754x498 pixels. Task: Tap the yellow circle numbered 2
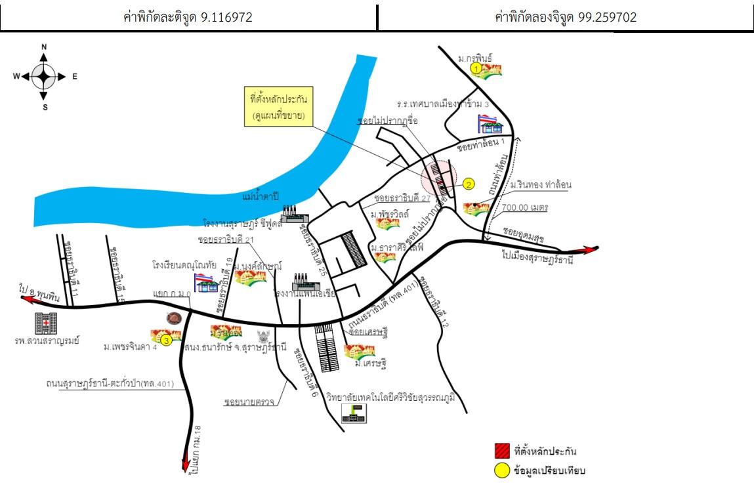(469, 184)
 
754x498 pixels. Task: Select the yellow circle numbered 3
(167, 340)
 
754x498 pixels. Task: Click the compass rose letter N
(44, 47)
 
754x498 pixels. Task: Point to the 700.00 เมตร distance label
(525, 207)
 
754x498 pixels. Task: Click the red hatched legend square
(502, 451)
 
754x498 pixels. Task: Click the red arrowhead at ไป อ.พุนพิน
(28, 299)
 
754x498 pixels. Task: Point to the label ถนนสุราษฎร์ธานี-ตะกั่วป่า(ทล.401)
(110, 383)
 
